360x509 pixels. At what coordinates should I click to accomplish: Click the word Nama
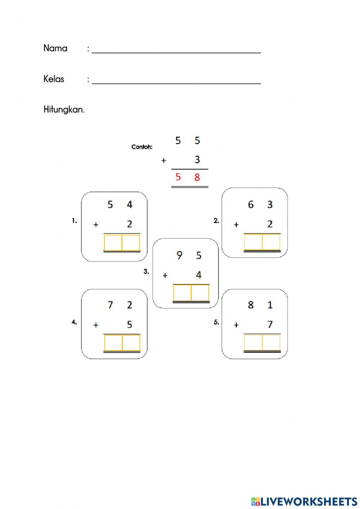point(55,48)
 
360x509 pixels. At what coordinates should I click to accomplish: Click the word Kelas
point(54,79)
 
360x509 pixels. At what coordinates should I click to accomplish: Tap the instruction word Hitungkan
point(64,110)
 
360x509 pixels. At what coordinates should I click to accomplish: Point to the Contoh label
point(142,147)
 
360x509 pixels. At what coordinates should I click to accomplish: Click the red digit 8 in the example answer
point(197,177)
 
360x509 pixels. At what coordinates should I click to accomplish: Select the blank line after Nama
point(176,50)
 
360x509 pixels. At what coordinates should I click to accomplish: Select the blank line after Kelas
point(176,81)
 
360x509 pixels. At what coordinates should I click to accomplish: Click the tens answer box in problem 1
point(113,243)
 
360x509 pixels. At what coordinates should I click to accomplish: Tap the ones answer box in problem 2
point(271,242)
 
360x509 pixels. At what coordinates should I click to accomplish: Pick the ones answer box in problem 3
point(200,293)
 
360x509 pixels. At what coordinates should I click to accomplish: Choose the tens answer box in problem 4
point(113,343)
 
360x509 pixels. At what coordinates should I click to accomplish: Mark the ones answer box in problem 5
point(271,342)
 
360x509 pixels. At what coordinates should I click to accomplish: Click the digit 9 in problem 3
point(179,255)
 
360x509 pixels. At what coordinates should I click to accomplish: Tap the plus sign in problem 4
point(96,325)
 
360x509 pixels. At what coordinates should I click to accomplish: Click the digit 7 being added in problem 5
point(270,325)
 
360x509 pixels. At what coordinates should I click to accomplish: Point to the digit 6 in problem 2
point(251,205)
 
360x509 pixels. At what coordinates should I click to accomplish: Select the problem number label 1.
point(74,221)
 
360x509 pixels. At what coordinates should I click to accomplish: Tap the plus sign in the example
point(163,161)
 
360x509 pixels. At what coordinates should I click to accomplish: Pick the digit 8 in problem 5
point(251,305)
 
